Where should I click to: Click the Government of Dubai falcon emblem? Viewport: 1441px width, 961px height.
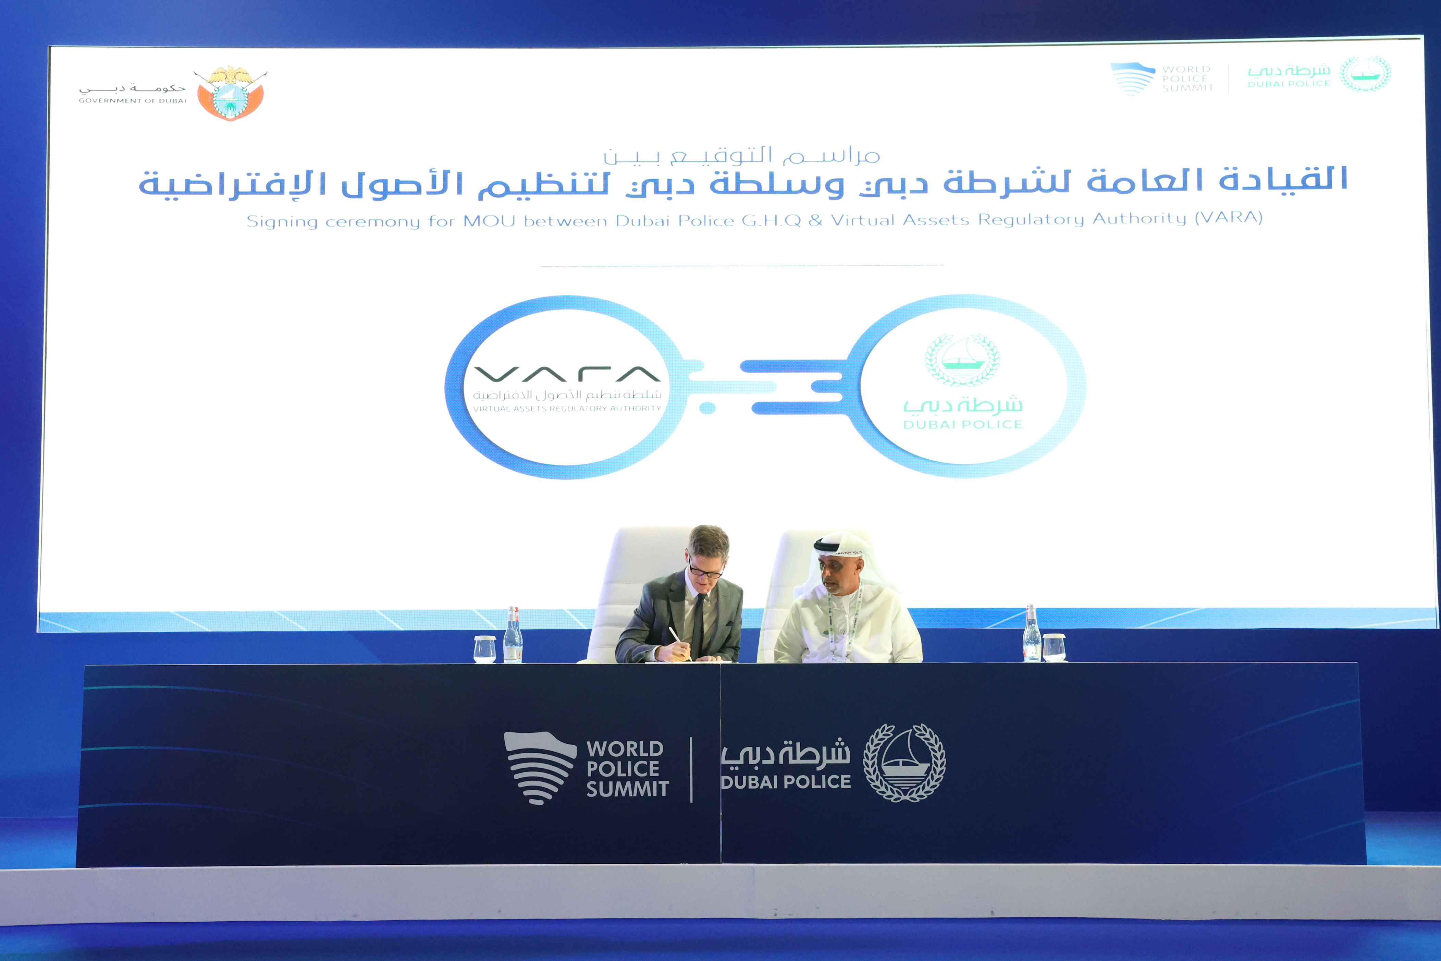point(230,93)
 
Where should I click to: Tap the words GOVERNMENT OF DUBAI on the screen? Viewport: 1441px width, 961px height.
point(132,100)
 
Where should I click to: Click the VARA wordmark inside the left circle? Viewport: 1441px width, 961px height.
point(567,373)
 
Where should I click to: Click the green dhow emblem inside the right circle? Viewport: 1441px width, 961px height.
point(962,360)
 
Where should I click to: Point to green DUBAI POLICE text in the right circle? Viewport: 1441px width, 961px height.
point(962,424)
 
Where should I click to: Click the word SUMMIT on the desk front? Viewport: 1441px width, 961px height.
point(627,789)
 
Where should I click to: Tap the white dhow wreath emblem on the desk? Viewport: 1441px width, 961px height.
point(904,763)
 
